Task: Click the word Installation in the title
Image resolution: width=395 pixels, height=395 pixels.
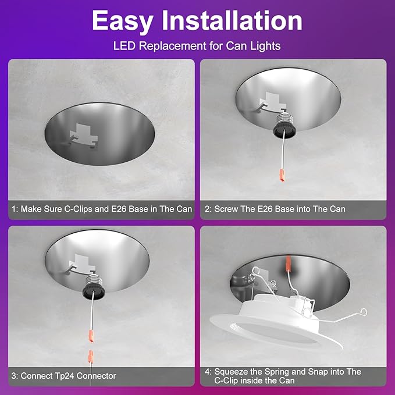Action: [x=238, y=22]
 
